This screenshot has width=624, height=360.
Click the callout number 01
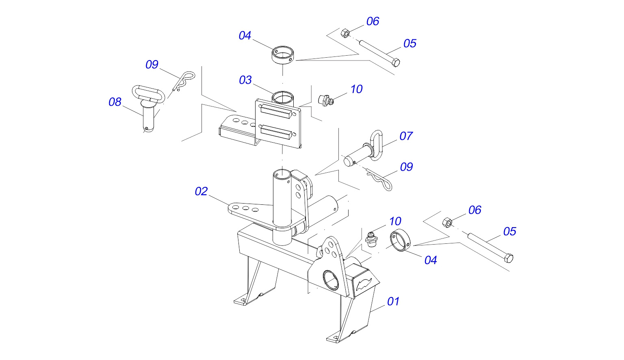[x=393, y=301]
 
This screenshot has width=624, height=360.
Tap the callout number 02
[x=201, y=191]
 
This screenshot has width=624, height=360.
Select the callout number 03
[x=245, y=80]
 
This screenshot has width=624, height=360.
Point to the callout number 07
[x=406, y=136]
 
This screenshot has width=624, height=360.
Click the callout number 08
[x=115, y=102]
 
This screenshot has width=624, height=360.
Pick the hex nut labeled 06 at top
[x=345, y=33]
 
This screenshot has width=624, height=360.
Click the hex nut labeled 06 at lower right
[x=447, y=223]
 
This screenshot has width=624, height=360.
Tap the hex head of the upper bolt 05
[x=396, y=63]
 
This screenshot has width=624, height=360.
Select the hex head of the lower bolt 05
[x=509, y=258]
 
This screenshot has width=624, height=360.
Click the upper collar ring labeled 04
[x=282, y=55]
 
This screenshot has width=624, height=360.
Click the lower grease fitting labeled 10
[x=371, y=239]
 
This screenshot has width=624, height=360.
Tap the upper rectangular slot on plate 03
[x=276, y=111]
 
